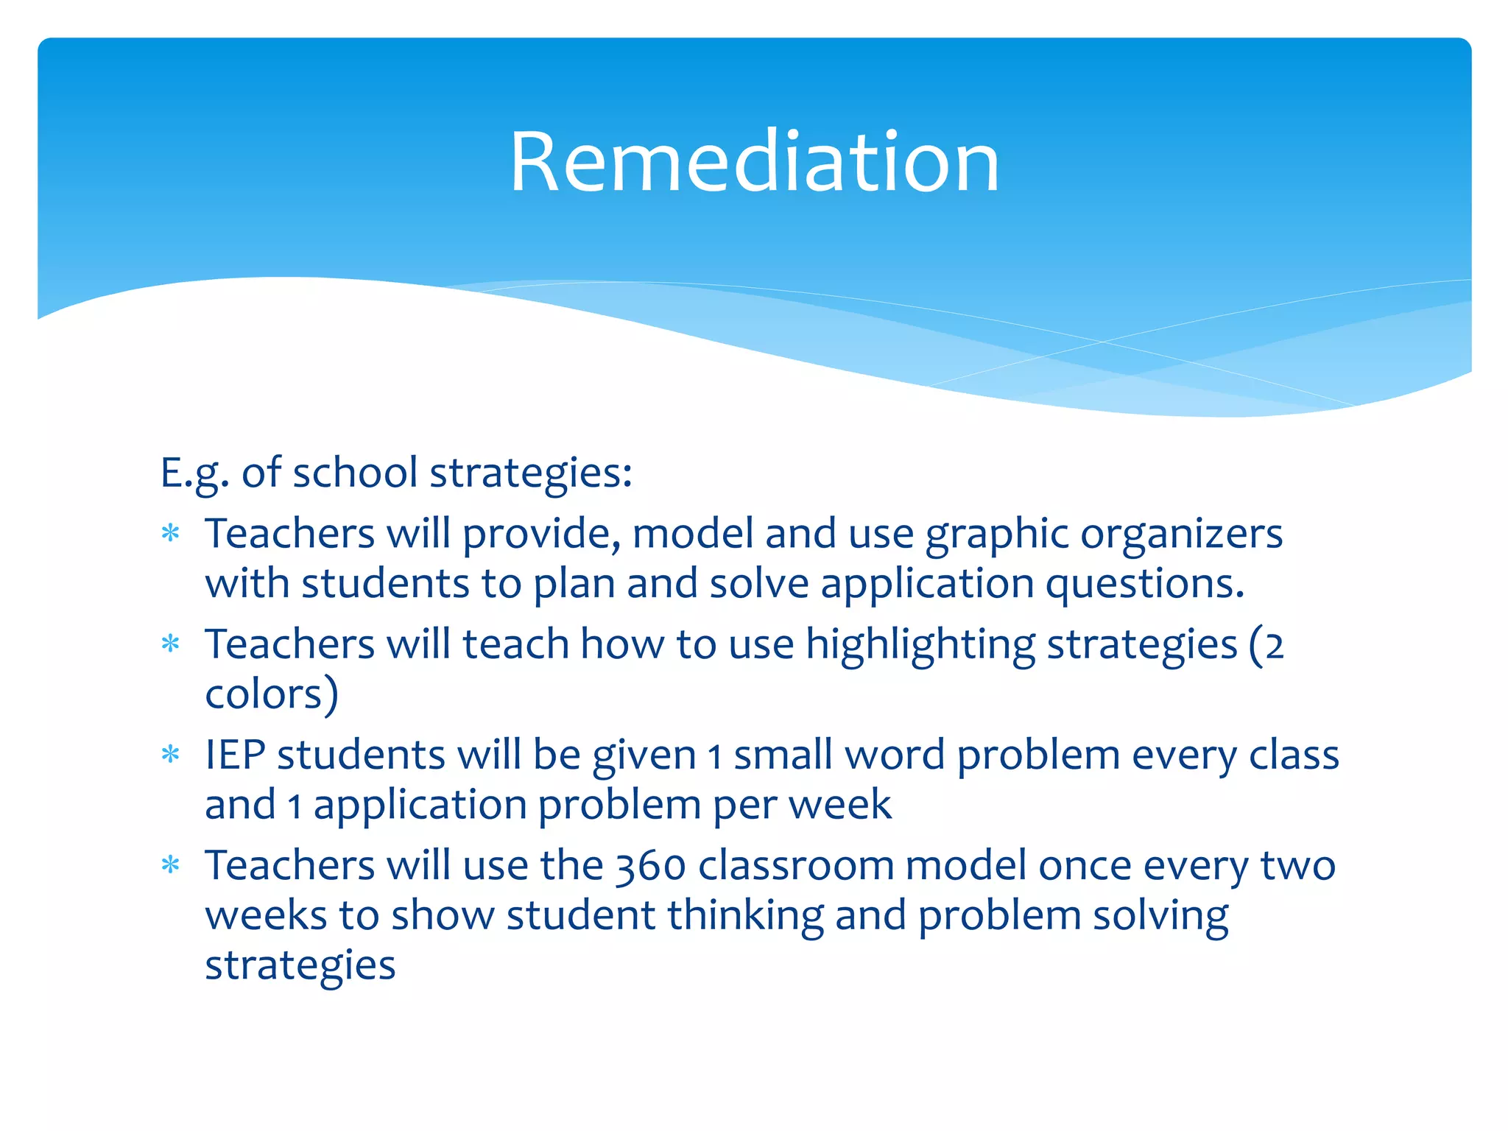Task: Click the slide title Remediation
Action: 754,162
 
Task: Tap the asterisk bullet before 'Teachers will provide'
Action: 171,533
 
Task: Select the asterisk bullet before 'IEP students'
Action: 171,755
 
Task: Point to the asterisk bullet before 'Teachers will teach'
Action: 171,644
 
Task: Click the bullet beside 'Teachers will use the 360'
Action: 171,865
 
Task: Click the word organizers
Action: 1181,535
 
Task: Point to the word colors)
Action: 271,694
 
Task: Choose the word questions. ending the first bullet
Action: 1144,585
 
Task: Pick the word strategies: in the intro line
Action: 530,473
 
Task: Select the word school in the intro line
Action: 355,473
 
